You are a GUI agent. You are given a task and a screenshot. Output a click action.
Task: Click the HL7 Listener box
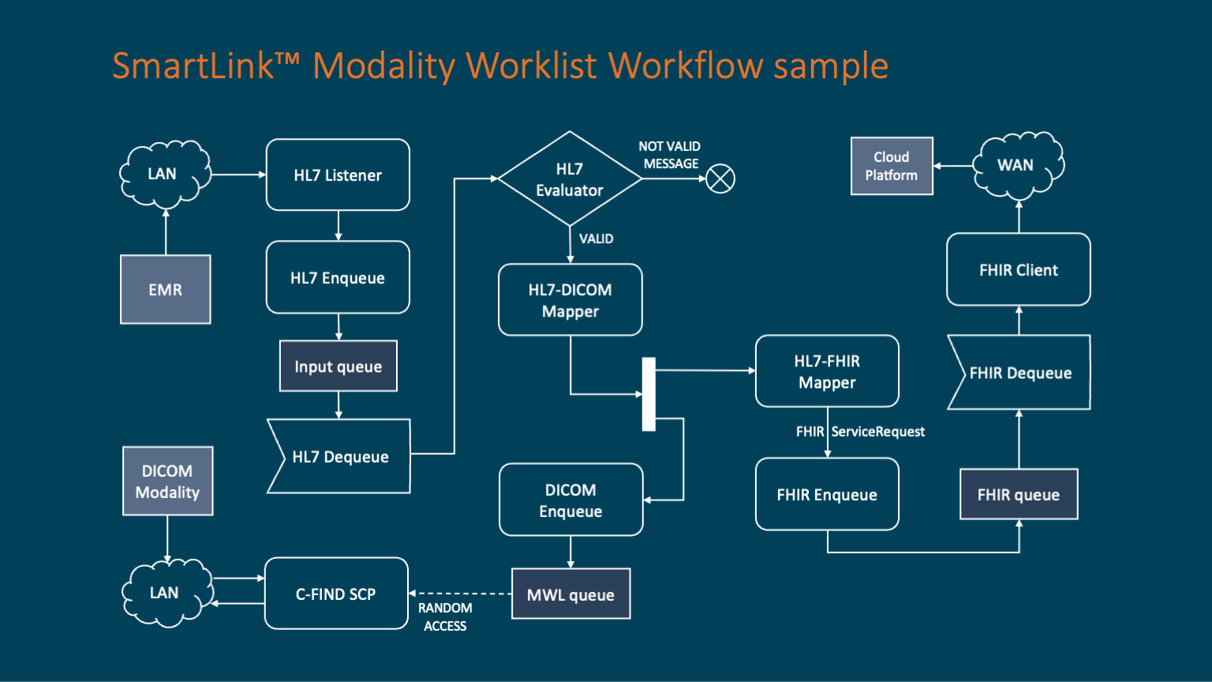pos(338,175)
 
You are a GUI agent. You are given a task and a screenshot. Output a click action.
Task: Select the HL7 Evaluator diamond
pos(570,179)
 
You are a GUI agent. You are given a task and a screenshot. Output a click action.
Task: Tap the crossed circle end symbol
pos(720,178)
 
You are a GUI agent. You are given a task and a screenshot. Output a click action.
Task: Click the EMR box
pos(165,290)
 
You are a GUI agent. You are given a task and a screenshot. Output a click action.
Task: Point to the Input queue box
pos(338,366)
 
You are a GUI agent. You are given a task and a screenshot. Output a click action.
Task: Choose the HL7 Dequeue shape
pos(340,456)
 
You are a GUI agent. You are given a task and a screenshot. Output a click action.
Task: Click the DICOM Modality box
pos(167,482)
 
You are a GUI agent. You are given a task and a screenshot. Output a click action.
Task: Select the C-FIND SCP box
pos(336,594)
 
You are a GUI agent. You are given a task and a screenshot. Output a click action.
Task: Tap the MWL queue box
pos(570,594)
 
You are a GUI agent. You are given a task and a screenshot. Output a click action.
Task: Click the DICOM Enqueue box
pos(570,500)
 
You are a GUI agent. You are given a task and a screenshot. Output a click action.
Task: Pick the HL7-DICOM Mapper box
pos(570,300)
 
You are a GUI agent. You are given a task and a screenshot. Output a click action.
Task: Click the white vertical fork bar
pos(649,394)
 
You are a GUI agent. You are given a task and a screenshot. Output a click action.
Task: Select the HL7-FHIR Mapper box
pos(827,371)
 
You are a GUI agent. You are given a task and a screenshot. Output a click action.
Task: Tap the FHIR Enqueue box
pos(827,494)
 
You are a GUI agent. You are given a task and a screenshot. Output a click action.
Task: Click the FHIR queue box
pos(1019,494)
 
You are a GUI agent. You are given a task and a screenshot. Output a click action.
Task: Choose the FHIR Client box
pos(1019,270)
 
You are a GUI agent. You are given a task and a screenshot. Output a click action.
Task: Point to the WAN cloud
pos(1016,165)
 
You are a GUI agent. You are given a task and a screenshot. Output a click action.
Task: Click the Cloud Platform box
pos(892,166)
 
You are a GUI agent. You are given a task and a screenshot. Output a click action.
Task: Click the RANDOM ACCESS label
pos(445,616)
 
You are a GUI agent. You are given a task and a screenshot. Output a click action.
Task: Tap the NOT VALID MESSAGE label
pos(670,155)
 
